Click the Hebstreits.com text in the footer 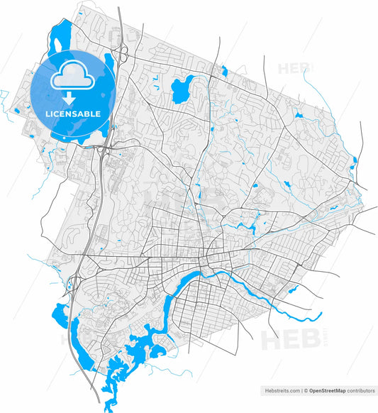pyautogui.click(x=282, y=390)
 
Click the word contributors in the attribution pyautogui.click(x=360, y=390)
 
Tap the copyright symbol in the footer pyautogui.click(x=306, y=390)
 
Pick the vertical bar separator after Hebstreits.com pyautogui.click(x=301, y=390)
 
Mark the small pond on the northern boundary pyautogui.click(x=223, y=70)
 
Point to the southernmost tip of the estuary pyautogui.click(x=108, y=407)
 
